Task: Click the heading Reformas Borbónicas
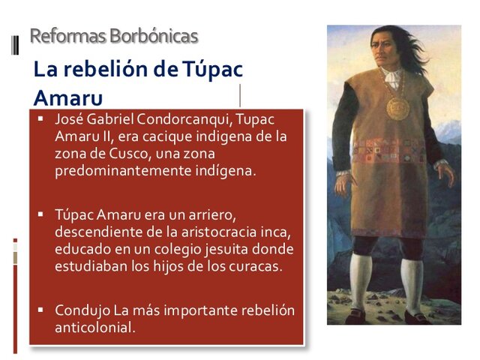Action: click(113, 35)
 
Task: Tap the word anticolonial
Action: click(94, 328)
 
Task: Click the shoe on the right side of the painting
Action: click(416, 317)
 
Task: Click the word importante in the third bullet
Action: click(199, 310)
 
